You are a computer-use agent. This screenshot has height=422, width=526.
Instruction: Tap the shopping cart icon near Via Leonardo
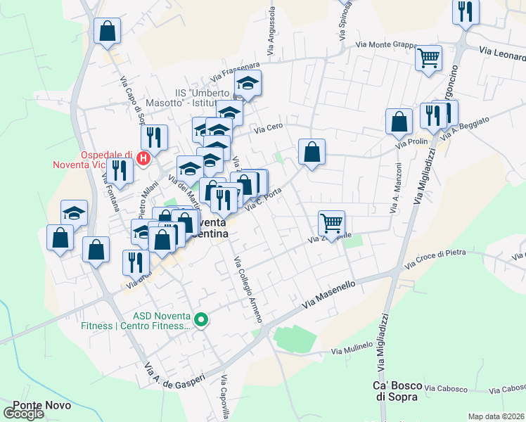[x=428, y=58]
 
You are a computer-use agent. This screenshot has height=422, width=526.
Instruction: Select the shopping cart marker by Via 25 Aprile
[x=331, y=224]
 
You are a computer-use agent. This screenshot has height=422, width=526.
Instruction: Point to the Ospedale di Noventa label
[x=92, y=160]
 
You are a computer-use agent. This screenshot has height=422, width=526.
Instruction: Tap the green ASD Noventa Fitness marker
[x=202, y=321]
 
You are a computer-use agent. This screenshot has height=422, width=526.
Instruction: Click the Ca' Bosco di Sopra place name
[x=397, y=391]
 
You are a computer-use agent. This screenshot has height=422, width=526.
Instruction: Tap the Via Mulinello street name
[x=352, y=350]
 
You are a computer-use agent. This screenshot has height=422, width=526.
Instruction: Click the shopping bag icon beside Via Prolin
[x=399, y=122]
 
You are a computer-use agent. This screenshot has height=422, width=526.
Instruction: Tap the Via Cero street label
[x=268, y=127]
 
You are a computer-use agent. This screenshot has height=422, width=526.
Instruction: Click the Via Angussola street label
[x=270, y=32]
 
